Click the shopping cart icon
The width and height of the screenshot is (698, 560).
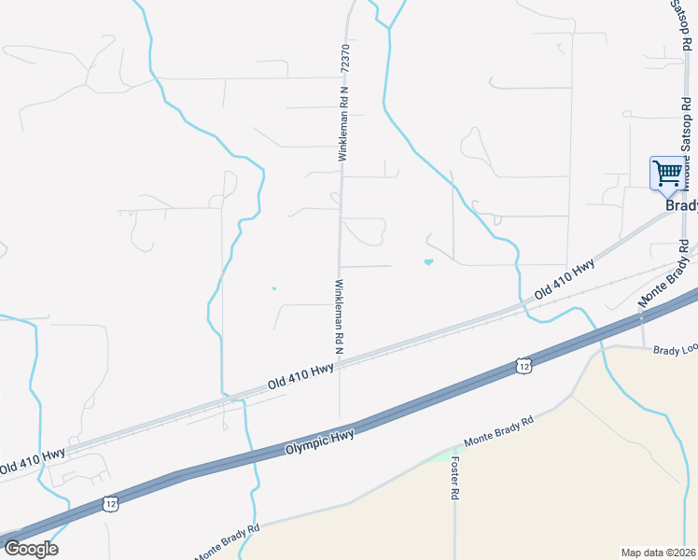point(667,173)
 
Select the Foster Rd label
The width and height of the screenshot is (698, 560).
point(455,477)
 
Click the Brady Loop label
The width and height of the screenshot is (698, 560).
point(675,350)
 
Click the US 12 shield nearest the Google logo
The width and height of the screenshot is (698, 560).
point(111,503)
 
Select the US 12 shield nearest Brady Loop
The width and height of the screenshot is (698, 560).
point(523,365)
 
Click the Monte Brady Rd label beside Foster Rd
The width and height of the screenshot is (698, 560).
point(498,434)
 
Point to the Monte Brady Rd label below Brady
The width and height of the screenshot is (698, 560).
point(663,277)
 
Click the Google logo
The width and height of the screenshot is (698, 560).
point(31,548)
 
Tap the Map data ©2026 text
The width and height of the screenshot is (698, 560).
point(658,552)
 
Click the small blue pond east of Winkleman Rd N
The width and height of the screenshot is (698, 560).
point(428,262)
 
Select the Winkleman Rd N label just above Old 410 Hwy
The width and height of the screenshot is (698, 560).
point(338,316)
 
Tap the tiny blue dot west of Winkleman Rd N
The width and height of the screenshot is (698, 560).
point(273,288)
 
